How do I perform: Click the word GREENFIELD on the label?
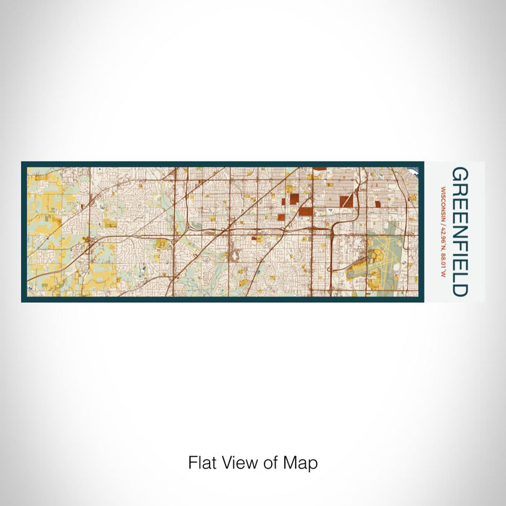coord(459,231)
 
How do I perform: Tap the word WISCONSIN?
coord(442,199)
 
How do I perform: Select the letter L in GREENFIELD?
coord(459,275)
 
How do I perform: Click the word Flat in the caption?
coord(202,463)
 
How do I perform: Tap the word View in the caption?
coord(235,463)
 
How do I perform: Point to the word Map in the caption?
coord(303,463)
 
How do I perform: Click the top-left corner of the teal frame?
coord(22,163)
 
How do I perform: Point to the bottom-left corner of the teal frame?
coord(22,301)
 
